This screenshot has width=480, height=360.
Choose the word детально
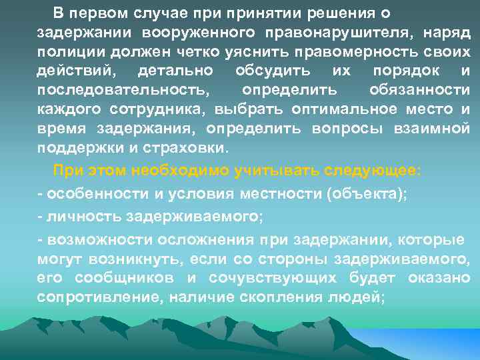(x=175, y=71)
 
